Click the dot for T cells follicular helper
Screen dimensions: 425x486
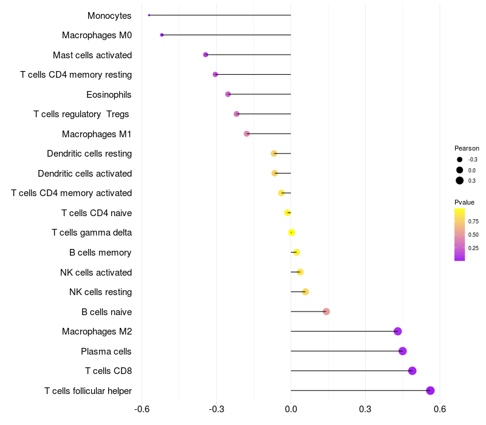[430, 390]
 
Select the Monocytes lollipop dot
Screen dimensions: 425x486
[149, 15]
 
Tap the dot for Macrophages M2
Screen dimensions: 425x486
[397, 331]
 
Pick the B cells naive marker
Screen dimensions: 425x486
[326, 311]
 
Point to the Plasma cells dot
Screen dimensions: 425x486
[402, 351]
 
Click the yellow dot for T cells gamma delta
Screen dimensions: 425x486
[292, 233]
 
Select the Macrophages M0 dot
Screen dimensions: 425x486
[162, 35]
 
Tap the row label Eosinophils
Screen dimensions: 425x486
[109, 95]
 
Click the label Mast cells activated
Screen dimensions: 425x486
[92, 55]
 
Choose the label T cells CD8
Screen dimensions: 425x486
[108, 371]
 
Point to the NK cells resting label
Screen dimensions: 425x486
[100, 292]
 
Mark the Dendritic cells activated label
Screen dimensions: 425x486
[84, 174]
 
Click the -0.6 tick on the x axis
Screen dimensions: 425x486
[142, 409]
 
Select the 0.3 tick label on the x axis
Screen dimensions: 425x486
[365, 409]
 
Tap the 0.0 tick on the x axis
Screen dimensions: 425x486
[291, 409]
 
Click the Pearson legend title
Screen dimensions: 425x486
[467, 148]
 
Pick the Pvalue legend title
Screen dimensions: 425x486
[464, 202]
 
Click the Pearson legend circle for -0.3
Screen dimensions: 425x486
[460, 160]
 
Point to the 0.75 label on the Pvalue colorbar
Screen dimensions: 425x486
[473, 222]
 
